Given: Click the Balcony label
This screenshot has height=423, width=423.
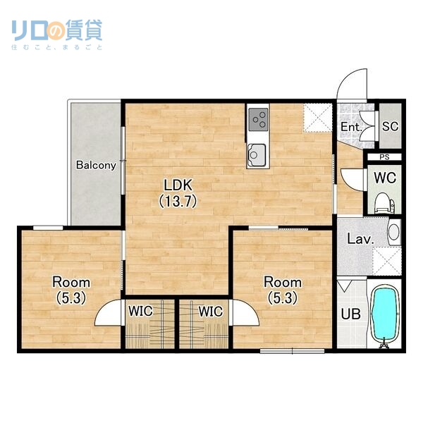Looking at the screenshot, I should coord(96,166).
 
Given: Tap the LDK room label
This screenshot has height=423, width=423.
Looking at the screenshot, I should coord(178,185).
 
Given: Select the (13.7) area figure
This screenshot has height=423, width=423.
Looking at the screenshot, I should coord(178,200).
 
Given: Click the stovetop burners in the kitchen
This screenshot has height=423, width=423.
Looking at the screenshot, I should coord(258,118).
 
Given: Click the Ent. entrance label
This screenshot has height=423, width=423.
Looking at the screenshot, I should coord(350,128).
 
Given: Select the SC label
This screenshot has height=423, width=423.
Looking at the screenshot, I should coord(389,126).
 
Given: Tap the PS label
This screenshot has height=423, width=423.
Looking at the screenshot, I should coord(384,157).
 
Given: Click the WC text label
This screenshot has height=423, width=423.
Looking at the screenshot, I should coord(384,178).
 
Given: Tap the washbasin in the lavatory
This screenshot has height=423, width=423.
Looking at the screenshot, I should coord(394,232).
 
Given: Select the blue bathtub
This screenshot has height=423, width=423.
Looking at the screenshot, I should coord(385,315).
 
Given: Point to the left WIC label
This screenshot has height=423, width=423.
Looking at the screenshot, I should coord(141,310).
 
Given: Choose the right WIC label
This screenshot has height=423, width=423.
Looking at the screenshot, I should coord(210,310).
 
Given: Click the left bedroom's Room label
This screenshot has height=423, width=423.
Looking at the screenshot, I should coord(71,282).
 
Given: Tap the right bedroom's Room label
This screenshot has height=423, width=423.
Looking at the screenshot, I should coord(283,282).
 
